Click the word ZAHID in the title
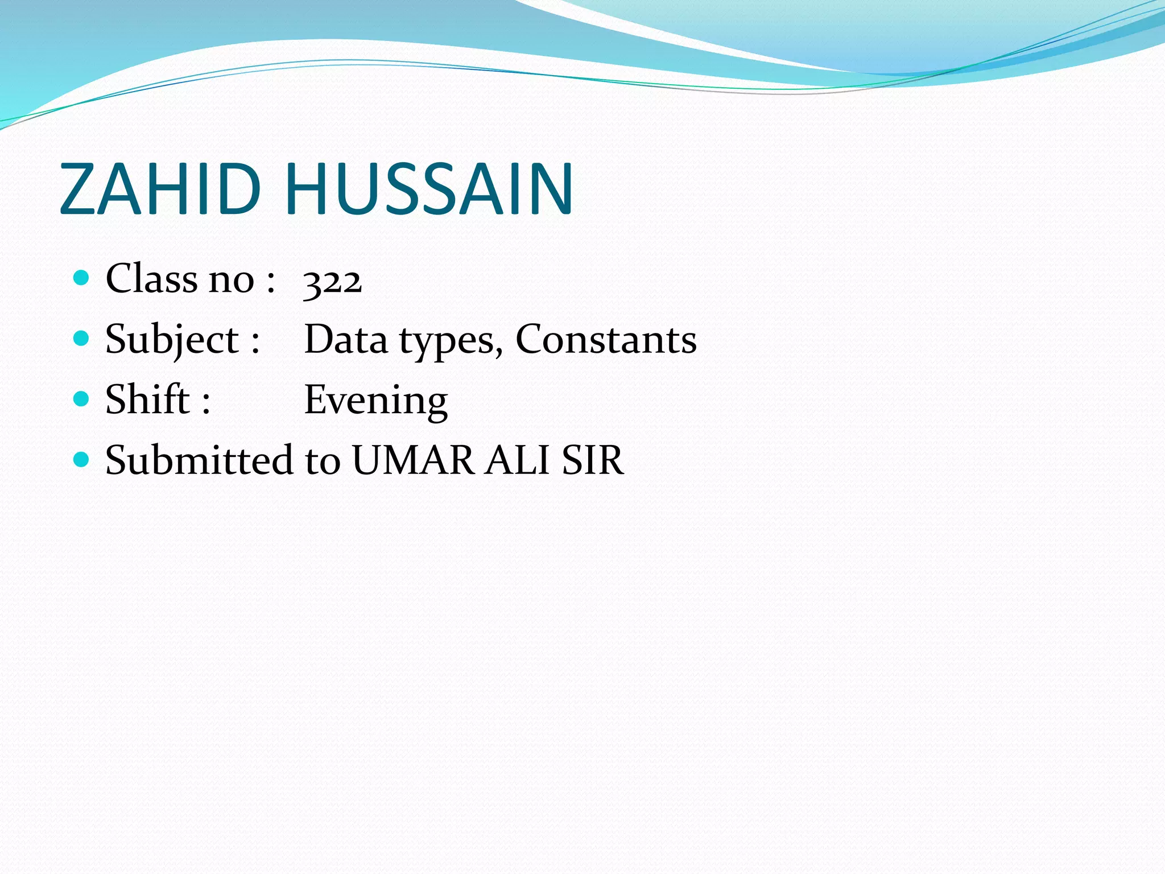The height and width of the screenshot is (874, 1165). pos(160,189)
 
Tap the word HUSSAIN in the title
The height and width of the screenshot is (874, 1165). pos(429,189)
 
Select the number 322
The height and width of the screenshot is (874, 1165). pos(333,281)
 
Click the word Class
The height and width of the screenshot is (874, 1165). pos(151,279)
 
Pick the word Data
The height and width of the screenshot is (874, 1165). pos(346,340)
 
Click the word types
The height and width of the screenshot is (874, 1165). pos(451,342)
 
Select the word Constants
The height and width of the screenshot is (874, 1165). pos(606,340)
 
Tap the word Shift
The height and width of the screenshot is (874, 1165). pos(147,399)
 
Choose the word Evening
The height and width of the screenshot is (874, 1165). pos(376,402)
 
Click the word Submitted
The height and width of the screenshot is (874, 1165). pos(199,460)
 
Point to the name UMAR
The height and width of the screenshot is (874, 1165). pos(413,460)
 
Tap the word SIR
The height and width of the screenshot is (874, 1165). pos(593,460)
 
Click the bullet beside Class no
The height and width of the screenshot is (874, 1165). pos(82,278)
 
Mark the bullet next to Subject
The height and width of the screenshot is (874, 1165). pos(82,339)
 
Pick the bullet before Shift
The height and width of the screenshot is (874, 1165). pos(82,398)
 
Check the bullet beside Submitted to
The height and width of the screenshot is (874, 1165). pos(82,459)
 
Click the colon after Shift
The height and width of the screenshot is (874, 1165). pos(206,402)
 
